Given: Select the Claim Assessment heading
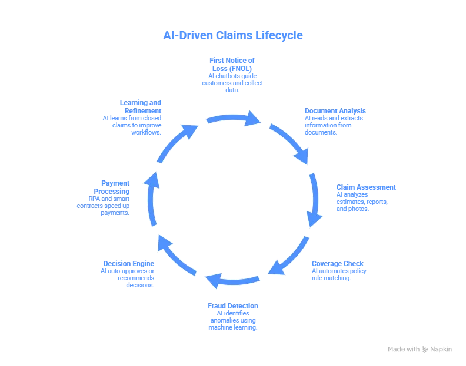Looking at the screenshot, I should point(367,187).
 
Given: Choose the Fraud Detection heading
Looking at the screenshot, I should point(233,306).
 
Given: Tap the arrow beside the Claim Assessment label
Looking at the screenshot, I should point(315,199).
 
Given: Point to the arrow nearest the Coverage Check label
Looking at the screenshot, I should point(288,256).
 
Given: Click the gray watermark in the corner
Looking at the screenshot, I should point(418,348).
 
